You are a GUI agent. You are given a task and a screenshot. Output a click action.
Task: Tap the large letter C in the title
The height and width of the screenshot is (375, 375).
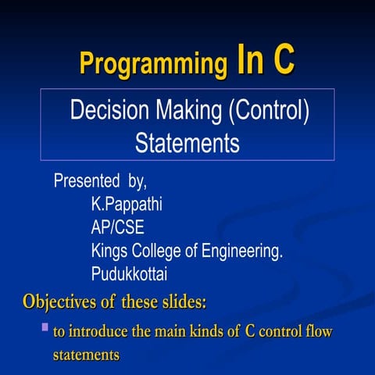point(280,60)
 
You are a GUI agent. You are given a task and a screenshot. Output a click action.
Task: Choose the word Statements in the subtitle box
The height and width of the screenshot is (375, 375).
point(187,144)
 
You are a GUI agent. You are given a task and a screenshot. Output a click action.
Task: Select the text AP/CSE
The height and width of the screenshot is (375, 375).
point(117,228)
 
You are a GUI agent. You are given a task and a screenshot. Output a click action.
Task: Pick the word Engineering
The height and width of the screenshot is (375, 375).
point(245,252)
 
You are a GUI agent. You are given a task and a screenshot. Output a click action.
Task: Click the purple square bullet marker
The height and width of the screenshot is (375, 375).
point(45,325)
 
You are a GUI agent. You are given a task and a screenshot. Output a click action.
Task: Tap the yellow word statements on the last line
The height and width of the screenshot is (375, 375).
point(86,355)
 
